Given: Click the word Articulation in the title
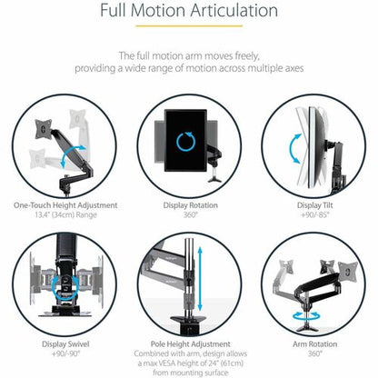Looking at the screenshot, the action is click(x=234, y=10).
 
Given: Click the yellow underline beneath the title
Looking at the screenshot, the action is click(x=189, y=26).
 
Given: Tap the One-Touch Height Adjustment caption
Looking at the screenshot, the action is click(x=65, y=205).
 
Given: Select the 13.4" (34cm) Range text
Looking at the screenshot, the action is click(x=65, y=215).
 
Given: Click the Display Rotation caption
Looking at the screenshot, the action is click(x=191, y=205).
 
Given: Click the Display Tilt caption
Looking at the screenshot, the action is click(x=315, y=205).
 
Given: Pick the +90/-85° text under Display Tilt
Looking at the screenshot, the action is click(x=315, y=214).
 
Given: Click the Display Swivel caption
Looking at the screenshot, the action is click(x=65, y=344).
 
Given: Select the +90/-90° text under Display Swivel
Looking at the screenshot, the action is click(x=65, y=353).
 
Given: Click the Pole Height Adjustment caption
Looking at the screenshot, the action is click(x=191, y=344).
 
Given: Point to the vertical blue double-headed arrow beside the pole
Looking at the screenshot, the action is click(x=200, y=279).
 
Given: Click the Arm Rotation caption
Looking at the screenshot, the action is click(x=315, y=344).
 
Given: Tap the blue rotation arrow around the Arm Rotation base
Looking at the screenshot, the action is click(x=306, y=317).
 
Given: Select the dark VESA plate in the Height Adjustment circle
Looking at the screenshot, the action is click(x=44, y=129).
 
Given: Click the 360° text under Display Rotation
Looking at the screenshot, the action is click(x=191, y=214).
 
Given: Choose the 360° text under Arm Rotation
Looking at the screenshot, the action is click(x=315, y=353).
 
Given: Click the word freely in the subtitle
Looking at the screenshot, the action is click(x=247, y=56).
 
